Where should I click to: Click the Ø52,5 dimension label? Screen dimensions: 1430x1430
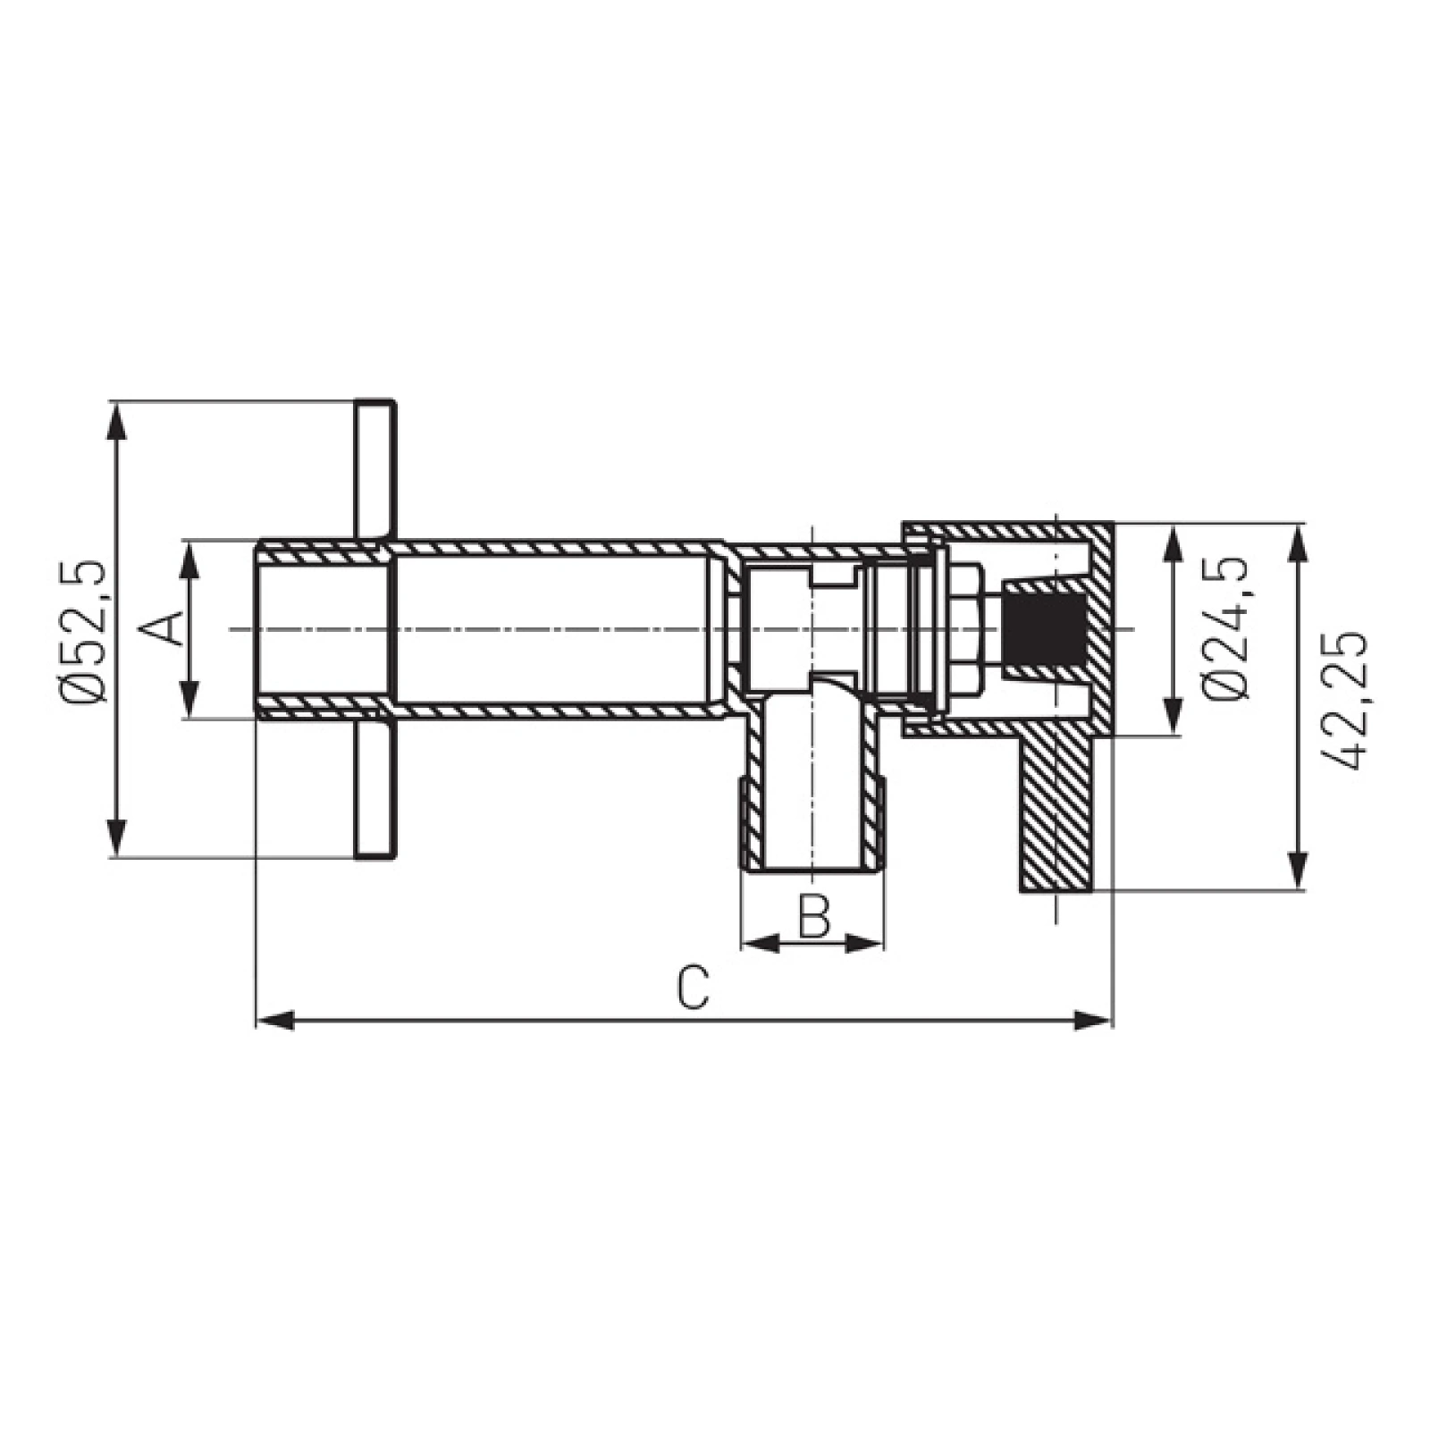(86, 631)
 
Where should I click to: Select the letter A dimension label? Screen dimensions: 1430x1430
(162, 628)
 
